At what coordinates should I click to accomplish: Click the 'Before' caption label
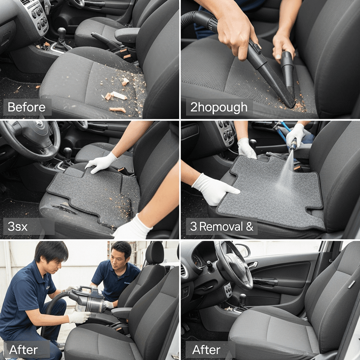point(26,107)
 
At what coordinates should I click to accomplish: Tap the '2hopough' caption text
point(219,108)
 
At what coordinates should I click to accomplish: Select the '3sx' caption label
point(18,227)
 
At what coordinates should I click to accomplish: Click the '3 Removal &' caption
point(221,226)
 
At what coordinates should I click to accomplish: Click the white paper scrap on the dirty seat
point(118,95)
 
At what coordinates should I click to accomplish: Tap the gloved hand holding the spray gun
point(296,135)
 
